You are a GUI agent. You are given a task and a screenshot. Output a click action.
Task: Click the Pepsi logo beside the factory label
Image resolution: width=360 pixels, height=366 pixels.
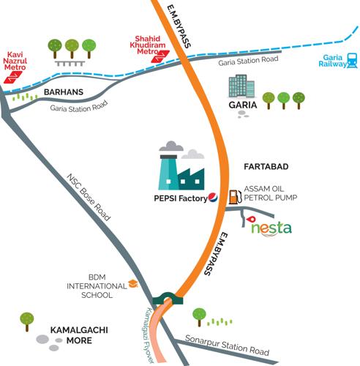click(x=212, y=195)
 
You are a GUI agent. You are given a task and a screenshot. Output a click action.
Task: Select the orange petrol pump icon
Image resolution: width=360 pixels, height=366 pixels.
click(x=234, y=196)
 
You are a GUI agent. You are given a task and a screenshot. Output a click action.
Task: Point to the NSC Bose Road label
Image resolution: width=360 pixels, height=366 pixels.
click(x=88, y=198)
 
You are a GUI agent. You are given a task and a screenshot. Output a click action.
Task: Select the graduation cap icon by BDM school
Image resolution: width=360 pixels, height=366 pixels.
click(x=133, y=283)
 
